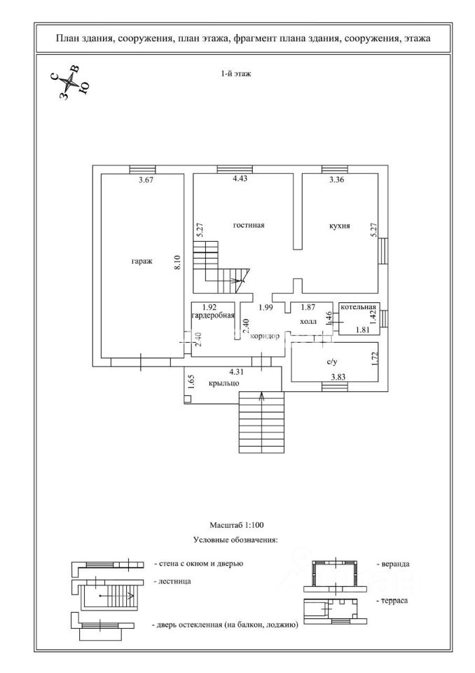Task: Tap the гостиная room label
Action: [x=249, y=225]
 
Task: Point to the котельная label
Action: [x=358, y=307]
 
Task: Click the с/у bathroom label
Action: [x=331, y=362]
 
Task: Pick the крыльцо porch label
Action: [x=224, y=383]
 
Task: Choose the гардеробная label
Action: [x=214, y=315]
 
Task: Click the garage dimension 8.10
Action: [x=178, y=263]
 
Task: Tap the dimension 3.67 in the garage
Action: [x=146, y=180]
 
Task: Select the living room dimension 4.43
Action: [x=240, y=179]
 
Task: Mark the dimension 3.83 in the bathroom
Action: [x=338, y=377]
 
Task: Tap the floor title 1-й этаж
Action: [x=236, y=74]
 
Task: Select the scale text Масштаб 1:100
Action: [x=236, y=524]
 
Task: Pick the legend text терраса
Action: [x=392, y=601]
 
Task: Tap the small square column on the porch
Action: [x=188, y=399]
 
